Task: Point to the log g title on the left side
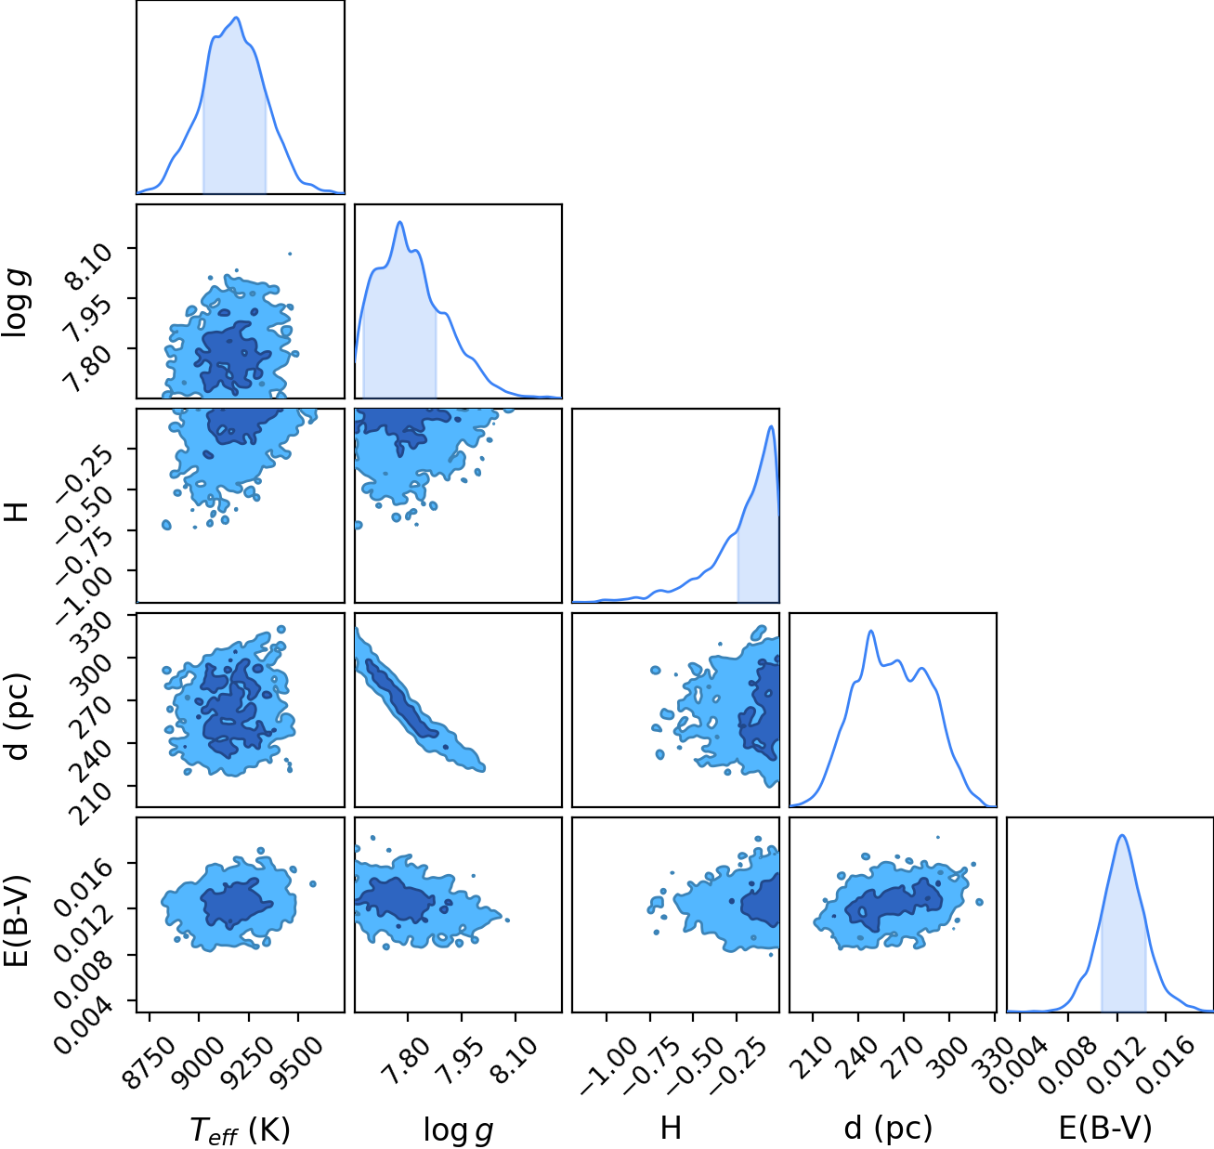pos(16,303)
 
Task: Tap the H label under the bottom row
pos(672,1128)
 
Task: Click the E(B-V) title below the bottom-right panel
pos(1105,1129)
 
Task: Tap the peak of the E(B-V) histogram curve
pos(1122,835)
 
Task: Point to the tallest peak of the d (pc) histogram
pos(870,631)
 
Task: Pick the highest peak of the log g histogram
pos(400,221)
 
